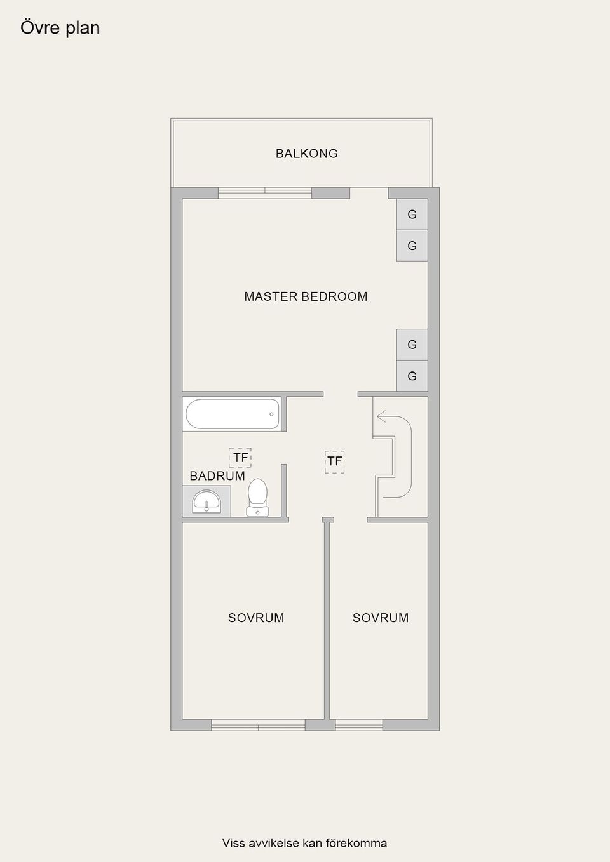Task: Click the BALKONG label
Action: (306, 154)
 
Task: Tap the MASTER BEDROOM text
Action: (306, 296)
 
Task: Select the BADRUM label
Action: (217, 476)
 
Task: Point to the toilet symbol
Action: (257, 496)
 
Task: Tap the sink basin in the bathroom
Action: (206, 501)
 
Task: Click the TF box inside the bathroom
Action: (240, 458)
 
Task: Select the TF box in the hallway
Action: (334, 461)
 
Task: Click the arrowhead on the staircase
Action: (381, 417)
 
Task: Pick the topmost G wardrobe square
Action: (412, 215)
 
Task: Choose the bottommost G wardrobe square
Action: (412, 376)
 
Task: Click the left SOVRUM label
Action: (256, 618)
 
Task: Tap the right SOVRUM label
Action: (381, 618)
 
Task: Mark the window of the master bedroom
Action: (265, 192)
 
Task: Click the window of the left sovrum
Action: (258, 725)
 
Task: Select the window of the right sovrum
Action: (359, 725)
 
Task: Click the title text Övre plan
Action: (60, 28)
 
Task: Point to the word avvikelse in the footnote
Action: (274, 843)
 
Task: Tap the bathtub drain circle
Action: (271, 414)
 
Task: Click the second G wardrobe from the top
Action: (412, 246)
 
